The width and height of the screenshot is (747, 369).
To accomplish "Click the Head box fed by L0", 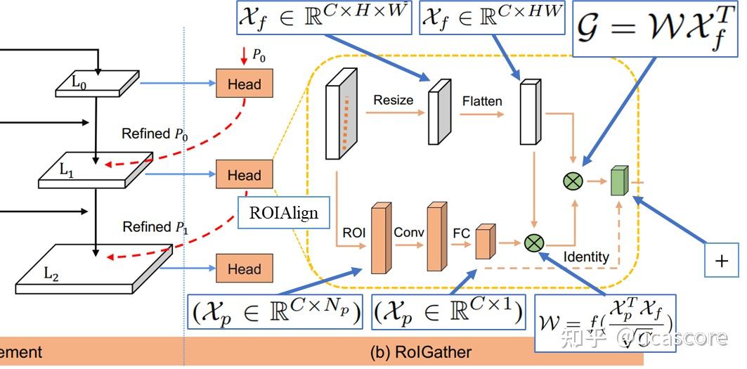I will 244,84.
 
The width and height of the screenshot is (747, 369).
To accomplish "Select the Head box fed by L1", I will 244,175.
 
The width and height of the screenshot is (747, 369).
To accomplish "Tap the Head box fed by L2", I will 244,269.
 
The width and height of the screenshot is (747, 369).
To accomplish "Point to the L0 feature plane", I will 98,82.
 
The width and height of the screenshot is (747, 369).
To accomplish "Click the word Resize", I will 393,100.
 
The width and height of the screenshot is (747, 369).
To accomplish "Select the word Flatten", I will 482,101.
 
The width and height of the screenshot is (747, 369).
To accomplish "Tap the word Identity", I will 585,257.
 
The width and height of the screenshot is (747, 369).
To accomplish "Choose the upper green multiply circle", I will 573,181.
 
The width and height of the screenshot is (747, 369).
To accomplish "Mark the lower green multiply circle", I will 534,243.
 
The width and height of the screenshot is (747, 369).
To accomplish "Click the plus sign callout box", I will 721,261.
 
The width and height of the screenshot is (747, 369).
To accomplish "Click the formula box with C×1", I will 448,312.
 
